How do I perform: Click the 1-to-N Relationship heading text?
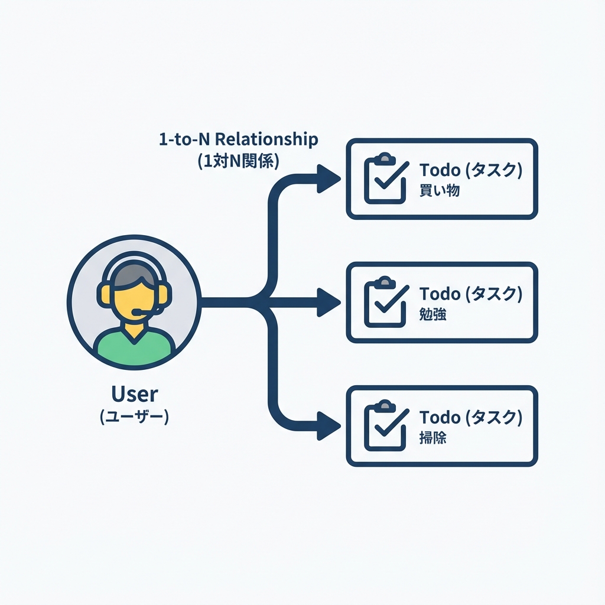pos(238,140)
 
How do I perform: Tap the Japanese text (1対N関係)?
pos(238,161)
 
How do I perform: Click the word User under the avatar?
pos(135,394)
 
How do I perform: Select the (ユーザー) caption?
pos(135,417)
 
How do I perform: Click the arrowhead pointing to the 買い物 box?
pos(327,178)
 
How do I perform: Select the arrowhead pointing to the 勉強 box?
pos(327,302)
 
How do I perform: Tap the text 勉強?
pos(432,315)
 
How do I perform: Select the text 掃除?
pos(432,438)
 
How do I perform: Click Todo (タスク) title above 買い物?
pos(470,170)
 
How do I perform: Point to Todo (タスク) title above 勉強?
pos(470,294)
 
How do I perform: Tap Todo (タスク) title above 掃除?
pos(470,417)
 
